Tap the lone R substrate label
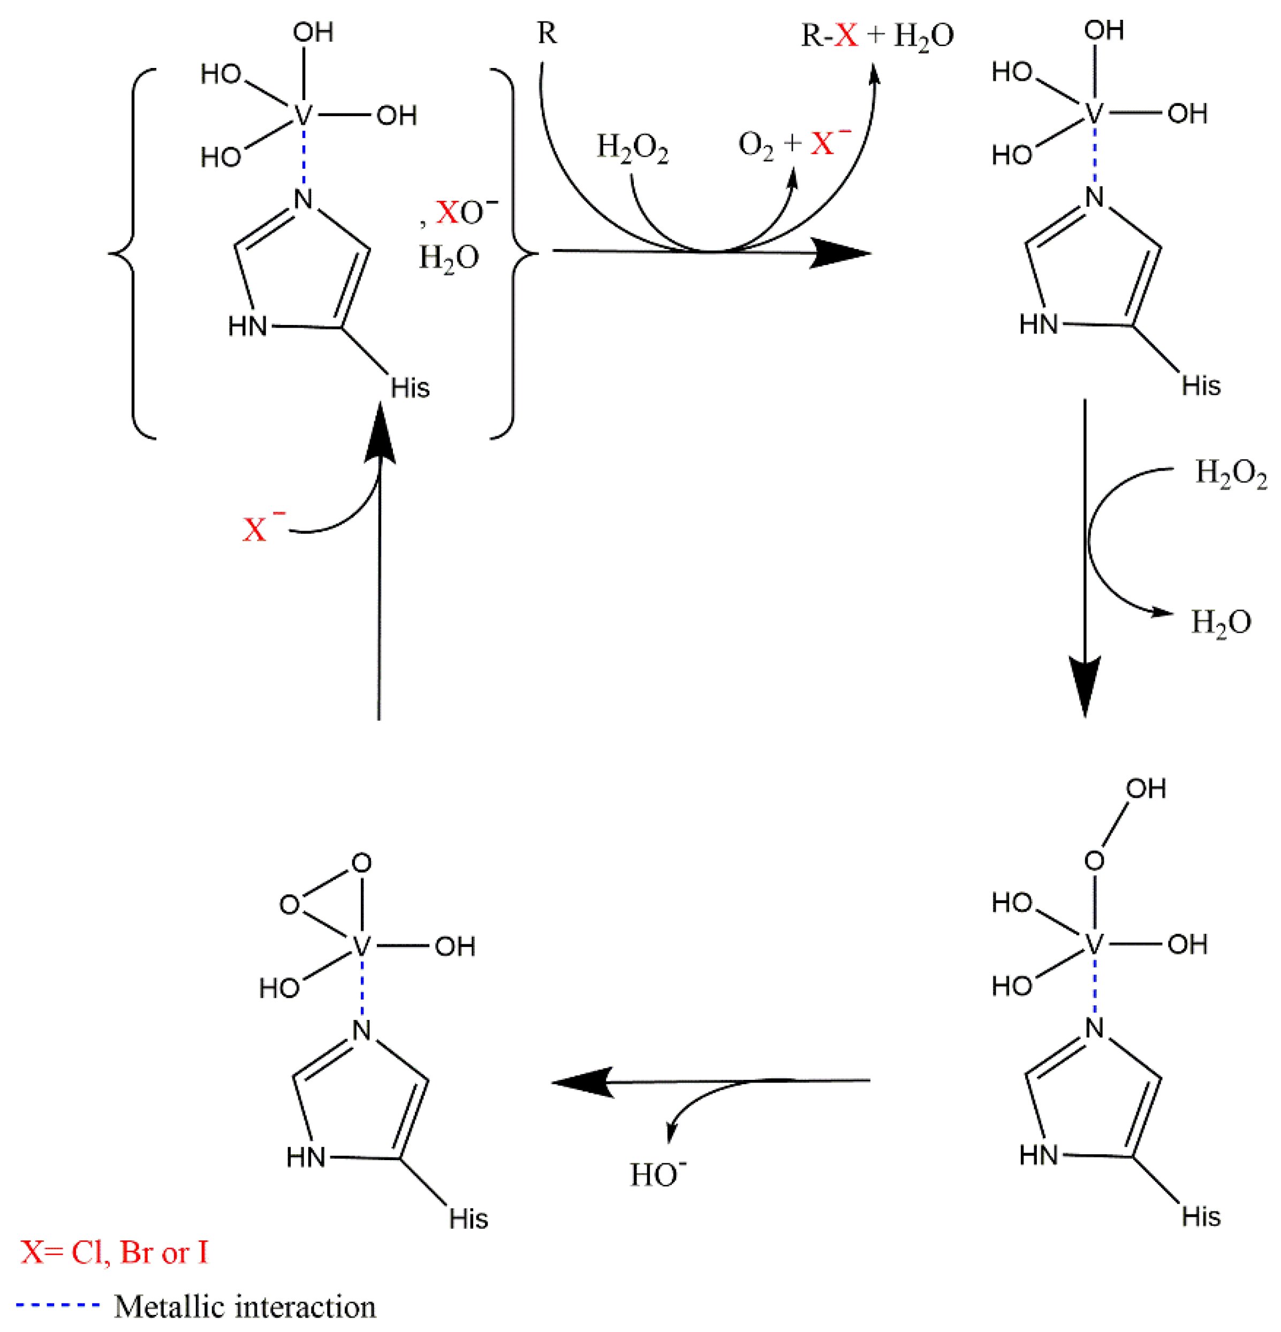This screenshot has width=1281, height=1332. click(547, 33)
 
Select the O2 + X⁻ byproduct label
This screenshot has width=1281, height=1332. click(794, 144)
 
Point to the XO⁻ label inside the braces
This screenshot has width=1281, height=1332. click(466, 212)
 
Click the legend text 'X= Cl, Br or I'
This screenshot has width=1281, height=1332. click(114, 1252)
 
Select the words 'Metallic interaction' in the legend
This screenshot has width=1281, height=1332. click(245, 1306)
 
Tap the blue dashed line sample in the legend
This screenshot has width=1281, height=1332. click(58, 1305)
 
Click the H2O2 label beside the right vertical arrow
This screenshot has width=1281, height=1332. click(1231, 474)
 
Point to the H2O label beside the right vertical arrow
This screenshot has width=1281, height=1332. click(1221, 622)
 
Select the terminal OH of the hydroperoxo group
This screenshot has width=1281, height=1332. click(1146, 788)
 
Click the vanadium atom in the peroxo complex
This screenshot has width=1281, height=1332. click(361, 946)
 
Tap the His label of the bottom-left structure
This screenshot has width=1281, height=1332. click(468, 1219)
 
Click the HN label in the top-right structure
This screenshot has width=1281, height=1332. click(1039, 324)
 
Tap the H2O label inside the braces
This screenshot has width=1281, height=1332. click(449, 258)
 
